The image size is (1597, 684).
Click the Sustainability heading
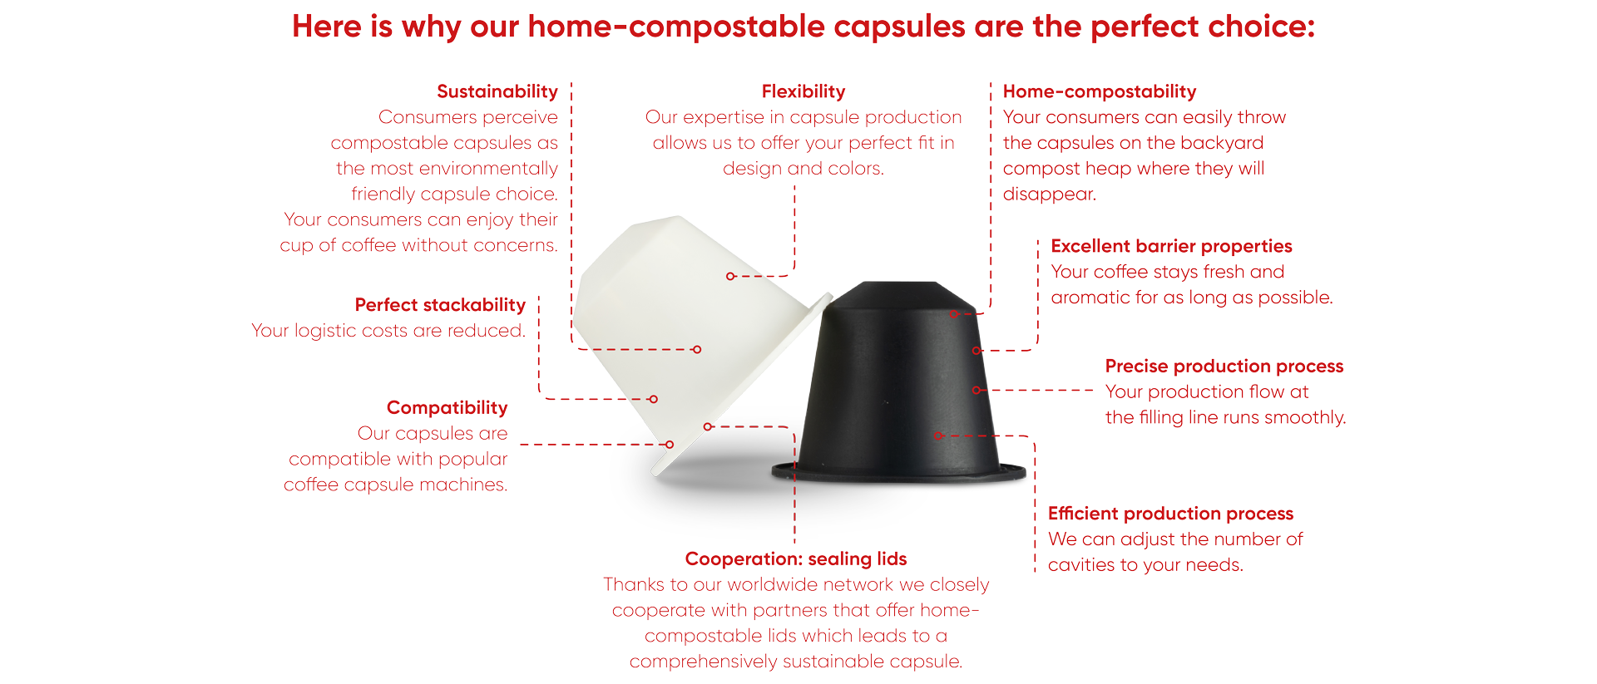point(497,92)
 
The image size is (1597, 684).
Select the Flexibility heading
point(803,92)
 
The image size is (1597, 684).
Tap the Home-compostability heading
point(1100,92)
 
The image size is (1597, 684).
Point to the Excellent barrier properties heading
point(1171,247)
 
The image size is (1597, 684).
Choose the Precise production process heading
point(1224,367)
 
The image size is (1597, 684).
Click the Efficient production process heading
point(1170,514)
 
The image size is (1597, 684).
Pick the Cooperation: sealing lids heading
point(796,559)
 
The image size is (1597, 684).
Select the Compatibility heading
point(447,408)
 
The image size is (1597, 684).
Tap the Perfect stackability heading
point(440,306)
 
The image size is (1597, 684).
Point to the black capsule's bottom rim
point(899,473)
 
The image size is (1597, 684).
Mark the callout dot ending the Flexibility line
point(730,276)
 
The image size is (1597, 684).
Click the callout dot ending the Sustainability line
point(697,350)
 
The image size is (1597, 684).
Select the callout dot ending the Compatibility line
point(670,445)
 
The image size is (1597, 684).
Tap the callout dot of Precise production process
point(976,390)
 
